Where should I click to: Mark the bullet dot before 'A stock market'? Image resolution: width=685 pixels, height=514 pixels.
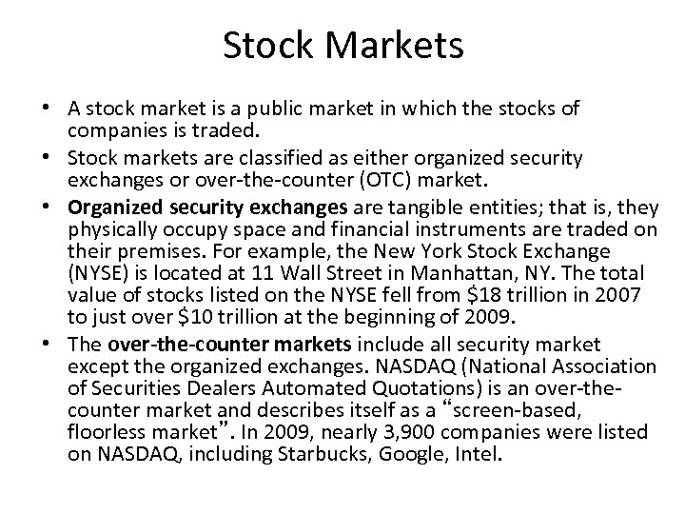[x=34, y=109]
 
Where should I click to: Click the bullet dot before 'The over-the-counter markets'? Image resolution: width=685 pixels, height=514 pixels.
[x=34, y=344]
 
